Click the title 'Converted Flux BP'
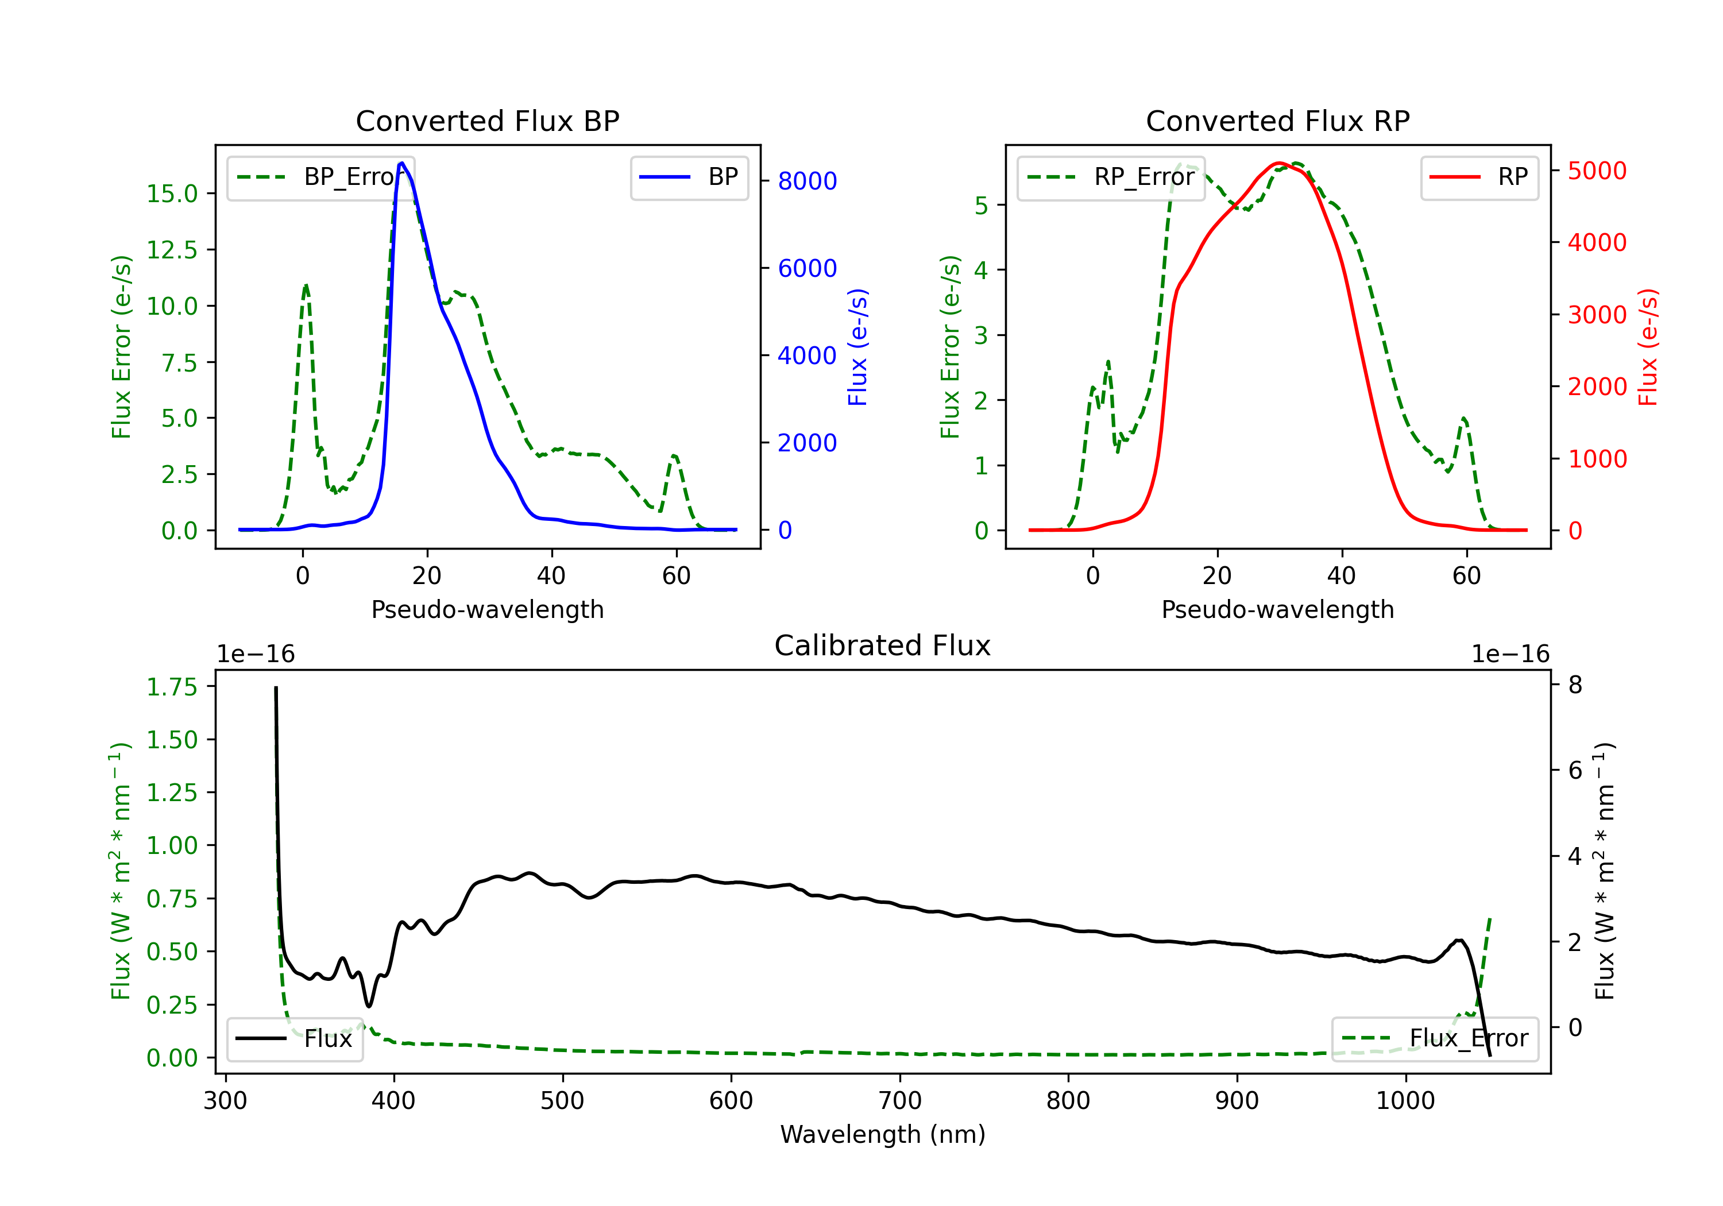click(487, 121)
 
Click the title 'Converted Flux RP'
click(1277, 121)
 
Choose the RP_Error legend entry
click(1111, 177)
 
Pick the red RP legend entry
click(1479, 177)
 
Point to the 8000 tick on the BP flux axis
click(807, 181)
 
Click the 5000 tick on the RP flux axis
click(1597, 171)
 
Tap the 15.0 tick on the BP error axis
click(172, 194)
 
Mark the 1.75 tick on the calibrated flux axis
click(172, 687)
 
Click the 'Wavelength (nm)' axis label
click(883, 1134)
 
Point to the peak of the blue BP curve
click(402, 163)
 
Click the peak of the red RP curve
click(1280, 163)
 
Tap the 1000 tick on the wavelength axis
click(1405, 1101)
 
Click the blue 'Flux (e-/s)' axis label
click(857, 347)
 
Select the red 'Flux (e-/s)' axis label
click(1648, 347)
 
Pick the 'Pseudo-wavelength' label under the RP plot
click(1277, 609)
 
